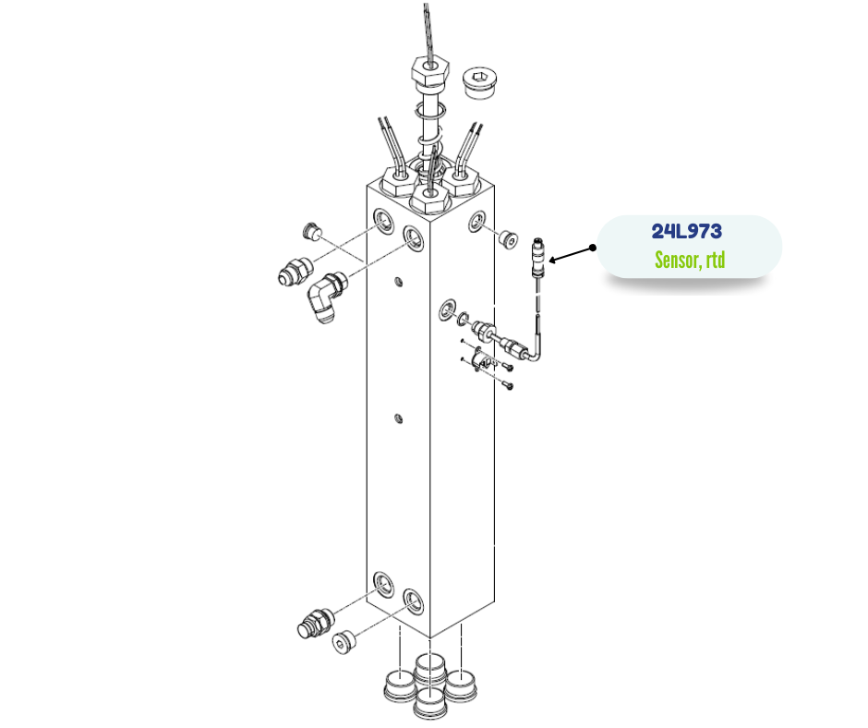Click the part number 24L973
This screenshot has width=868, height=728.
coord(686,231)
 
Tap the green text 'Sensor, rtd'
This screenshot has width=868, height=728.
coord(690,260)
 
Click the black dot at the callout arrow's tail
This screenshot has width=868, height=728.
coord(593,248)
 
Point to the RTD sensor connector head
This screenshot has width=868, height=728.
coord(538,257)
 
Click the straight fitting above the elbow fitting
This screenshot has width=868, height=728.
coord(295,272)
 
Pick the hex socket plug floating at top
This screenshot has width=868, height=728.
coord(479,84)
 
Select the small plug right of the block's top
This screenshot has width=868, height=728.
coord(508,238)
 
